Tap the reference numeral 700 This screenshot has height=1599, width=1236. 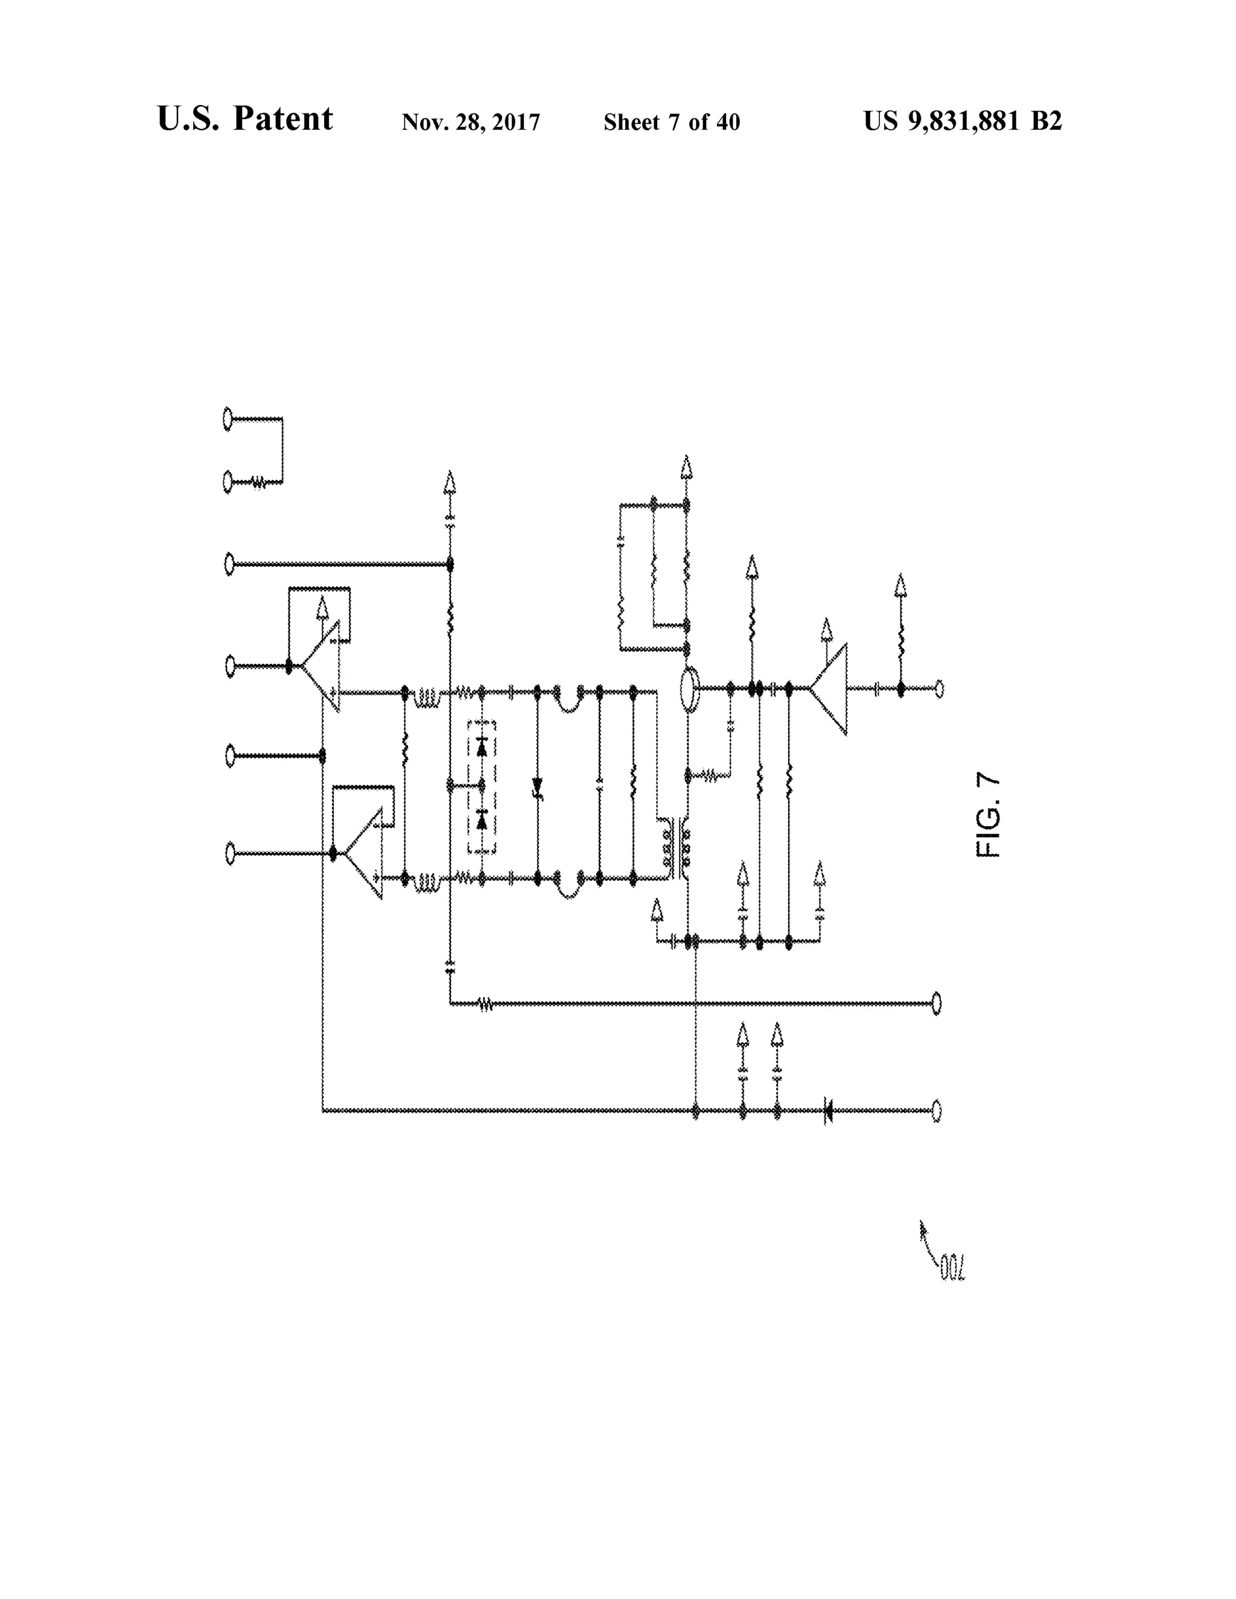click(952, 1269)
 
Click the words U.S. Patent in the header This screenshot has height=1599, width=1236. click(244, 119)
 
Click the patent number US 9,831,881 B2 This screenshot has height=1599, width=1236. click(962, 121)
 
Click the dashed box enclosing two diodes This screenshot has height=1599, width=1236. click(481, 786)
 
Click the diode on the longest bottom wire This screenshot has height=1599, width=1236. click(828, 1111)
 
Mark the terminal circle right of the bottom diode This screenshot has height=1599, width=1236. click(937, 1111)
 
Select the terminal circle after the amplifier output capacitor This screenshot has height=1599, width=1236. click(938, 688)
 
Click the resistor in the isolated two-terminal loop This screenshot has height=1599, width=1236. click(258, 483)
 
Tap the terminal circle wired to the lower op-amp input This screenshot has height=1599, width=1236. click(230, 854)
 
